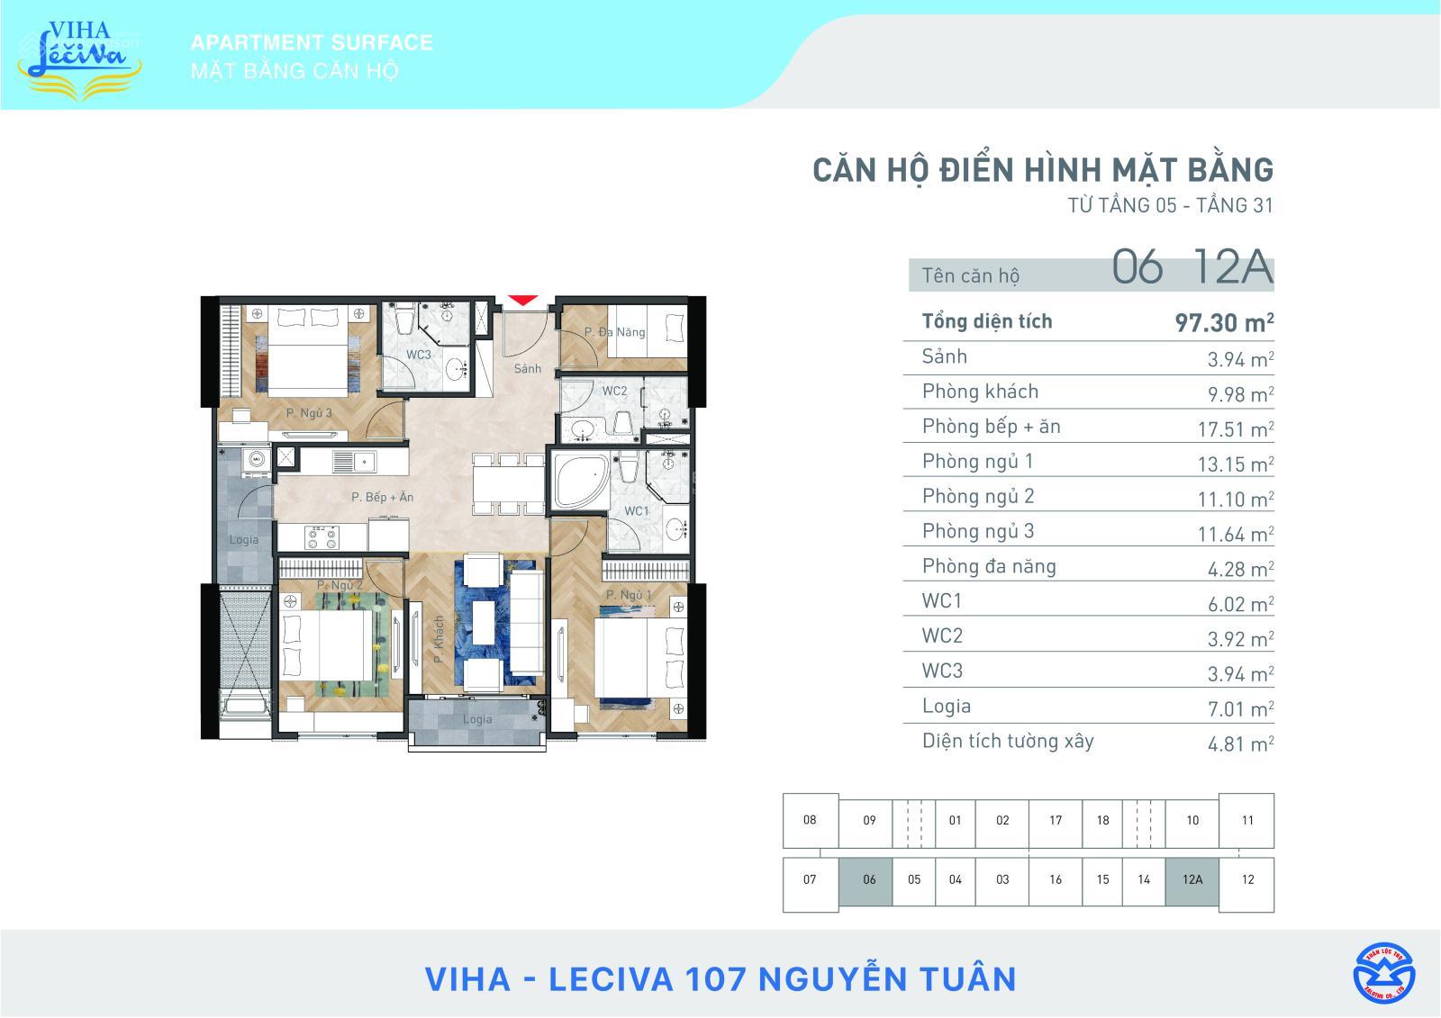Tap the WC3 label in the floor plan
pyautogui.click(x=418, y=355)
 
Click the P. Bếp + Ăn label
pyautogui.click(x=382, y=497)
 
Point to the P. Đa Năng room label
pyautogui.click(x=614, y=332)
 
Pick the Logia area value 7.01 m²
pyautogui.click(x=1240, y=709)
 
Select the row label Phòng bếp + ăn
pyautogui.click(x=991, y=427)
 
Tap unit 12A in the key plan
pyautogui.click(x=1192, y=879)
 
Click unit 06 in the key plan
pyautogui.click(x=868, y=879)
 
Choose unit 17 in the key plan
pyautogui.click(x=1055, y=820)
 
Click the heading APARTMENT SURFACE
pyautogui.click(x=312, y=42)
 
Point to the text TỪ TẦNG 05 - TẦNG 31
pyautogui.click(x=1170, y=205)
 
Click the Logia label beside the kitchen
pyautogui.click(x=243, y=540)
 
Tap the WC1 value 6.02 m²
pyautogui.click(x=1240, y=604)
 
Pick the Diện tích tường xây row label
pyautogui.click(x=1007, y=742)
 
